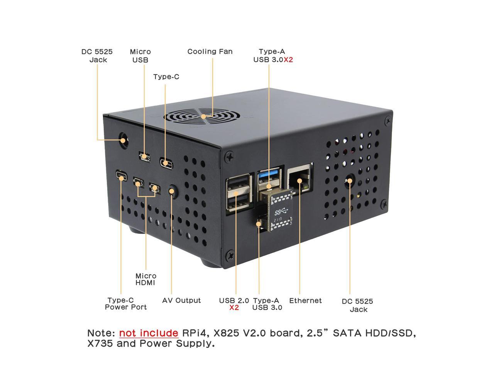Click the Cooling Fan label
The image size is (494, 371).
point(210,51)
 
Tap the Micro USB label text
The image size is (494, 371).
point(140,56)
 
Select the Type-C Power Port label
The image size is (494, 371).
point(126,304)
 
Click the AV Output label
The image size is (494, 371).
point(181,300)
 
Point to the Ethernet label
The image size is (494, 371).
point(305,300)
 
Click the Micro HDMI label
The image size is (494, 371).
point(146,279)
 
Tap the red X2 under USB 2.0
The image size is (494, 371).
point(234,308)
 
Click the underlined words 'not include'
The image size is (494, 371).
point(149,333)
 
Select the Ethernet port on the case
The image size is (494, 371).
point(299,177)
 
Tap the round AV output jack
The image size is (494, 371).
point(173,191)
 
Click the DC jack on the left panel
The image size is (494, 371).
point(123,140)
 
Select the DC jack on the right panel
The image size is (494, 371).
point(350,180)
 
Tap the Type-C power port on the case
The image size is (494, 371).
point(121,176)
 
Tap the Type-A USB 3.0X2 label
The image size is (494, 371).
point(273,55)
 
